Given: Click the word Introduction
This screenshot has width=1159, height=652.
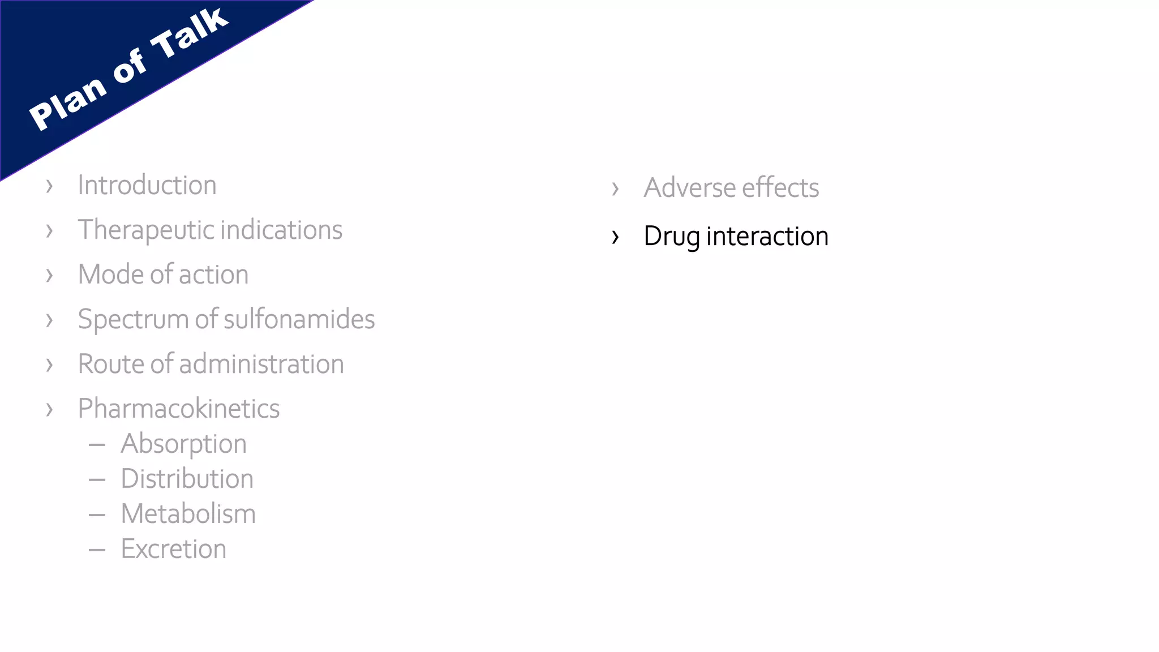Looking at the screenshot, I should tap(147, 185).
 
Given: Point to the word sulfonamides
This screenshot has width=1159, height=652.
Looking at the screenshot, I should tap(299, 319).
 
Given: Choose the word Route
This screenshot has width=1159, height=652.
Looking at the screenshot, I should tap(111, 364).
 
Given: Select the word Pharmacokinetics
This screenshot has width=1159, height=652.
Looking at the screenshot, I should tap(179, 409).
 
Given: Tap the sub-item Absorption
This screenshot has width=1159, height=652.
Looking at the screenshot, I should tap(184, 444).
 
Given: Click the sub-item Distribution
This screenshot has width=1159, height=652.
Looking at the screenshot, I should tap(187, 479).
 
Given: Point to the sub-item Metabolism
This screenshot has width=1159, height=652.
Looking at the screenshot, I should tap(188, 514).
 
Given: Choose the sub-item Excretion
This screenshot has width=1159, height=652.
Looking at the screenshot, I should tap(174, 549).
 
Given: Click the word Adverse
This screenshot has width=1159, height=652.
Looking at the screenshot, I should tap(690, 188).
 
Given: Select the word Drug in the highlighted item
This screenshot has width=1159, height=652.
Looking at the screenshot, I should tap(672, 237).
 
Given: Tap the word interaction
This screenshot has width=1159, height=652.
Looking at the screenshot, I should tap(767, 237).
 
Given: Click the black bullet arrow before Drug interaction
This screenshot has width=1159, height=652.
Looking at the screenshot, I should tap(616, 237).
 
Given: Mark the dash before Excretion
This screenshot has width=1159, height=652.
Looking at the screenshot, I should tap(97, 550).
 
